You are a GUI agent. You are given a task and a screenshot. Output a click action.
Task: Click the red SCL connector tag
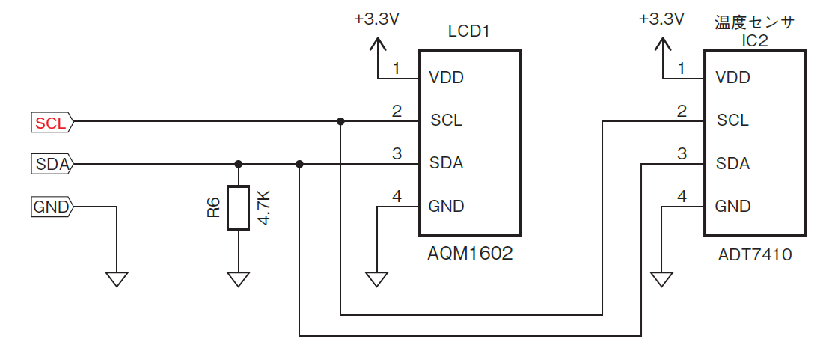coord(51,122)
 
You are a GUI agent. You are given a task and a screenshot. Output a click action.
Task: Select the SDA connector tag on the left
coord(51,164)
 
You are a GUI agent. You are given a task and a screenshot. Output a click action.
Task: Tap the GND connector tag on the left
coord(51,207)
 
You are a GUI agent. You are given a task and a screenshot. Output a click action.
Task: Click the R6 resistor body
coord(238,208)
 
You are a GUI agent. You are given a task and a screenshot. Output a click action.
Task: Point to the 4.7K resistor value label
coord(263,208)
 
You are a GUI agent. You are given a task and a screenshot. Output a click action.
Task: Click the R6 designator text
coord(214,208)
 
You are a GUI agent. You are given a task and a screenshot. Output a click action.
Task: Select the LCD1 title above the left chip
coord(468,31)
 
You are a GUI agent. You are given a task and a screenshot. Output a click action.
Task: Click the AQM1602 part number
coord(469,254)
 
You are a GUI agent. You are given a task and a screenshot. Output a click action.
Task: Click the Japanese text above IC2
coord(755,22)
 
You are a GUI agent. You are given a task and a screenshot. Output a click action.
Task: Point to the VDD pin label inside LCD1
coord(446,78)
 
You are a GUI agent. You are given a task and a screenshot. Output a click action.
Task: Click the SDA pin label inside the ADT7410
coord(732,164)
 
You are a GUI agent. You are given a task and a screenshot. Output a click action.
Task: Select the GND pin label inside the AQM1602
coord(447,207)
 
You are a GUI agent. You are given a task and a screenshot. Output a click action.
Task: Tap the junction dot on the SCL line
coord(340,121)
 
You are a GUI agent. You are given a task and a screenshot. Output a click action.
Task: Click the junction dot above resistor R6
coord(238,164)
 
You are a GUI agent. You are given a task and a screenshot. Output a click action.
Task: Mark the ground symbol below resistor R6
coord(238,279)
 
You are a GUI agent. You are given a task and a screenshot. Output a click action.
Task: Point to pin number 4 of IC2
coord(681,197)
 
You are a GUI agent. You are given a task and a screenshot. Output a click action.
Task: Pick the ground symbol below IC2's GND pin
coord(661,279)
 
